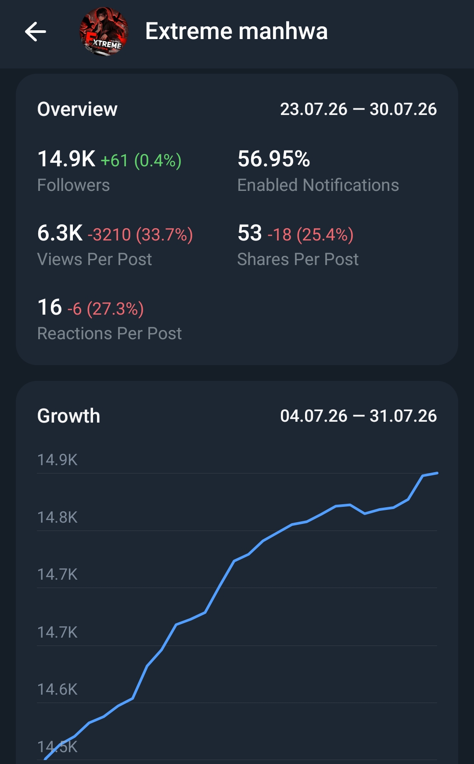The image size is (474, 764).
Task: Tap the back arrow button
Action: (x=36, y=32)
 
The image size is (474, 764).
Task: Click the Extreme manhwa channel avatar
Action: (x=104, y=32)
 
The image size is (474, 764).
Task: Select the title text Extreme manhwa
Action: (x=237, y=31)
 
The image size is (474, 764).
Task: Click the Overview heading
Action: (x=77, y=109)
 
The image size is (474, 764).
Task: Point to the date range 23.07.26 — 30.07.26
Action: (x=359, y=109)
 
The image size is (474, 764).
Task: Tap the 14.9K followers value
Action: (x=66, y=159)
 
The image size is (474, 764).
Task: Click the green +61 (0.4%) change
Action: (x=141, y=161)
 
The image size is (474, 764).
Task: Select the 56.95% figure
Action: (x=274, y=159)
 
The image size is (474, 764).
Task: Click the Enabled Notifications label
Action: (x=318, y=185)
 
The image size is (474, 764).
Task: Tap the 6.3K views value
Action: (x=60, y=233)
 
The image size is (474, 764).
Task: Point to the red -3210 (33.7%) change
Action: (x=140, y=235)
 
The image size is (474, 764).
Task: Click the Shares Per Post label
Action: (x=298, y=259)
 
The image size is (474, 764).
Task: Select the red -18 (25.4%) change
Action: (x=310, y=235)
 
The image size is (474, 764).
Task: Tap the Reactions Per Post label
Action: (x=109, y=334)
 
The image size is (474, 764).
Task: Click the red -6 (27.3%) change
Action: (x=105, y=309)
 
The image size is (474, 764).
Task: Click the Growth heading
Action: (x=69, y=416)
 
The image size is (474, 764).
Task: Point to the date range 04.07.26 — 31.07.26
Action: (x=359, y=416)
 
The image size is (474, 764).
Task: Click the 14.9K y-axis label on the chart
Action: (x=57, y=460)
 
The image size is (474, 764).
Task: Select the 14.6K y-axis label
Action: (x=57, y=689)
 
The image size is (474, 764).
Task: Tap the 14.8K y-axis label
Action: (x=57, y=517)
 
